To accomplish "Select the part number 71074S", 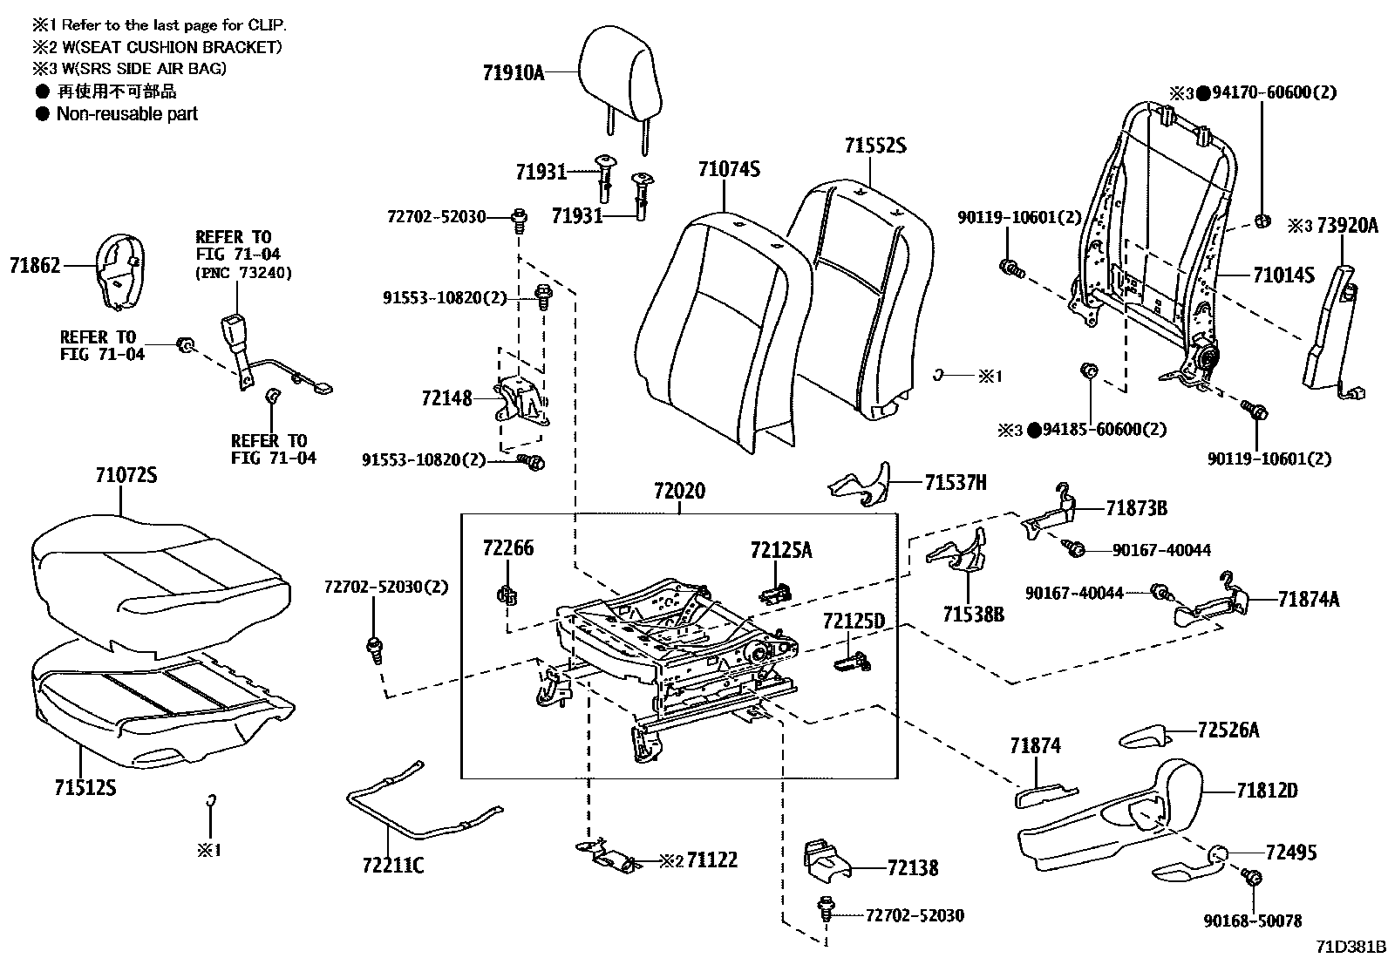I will [x=728, y=168].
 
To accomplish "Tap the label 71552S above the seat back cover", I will [x=874, y=146].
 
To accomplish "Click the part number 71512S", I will [x=85, y=788].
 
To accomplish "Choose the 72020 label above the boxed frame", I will [x=678, y=492].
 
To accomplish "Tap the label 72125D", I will [x=853, y=622].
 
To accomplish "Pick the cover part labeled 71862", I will [x=119, y=271].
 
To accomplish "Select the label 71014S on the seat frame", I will [x=1283, y=275].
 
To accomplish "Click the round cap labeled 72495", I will [x=1218, y=853].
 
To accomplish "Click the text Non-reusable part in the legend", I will [x=127, y=113].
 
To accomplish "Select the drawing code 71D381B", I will [x=1351, y=947].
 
